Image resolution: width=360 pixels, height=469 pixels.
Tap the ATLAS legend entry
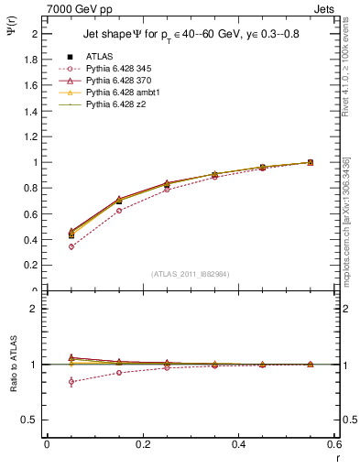[x=101, y=56]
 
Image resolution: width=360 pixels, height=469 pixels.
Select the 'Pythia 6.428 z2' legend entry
[x=116, y=106]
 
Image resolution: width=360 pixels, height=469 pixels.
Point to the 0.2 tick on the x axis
[x=142, y=444]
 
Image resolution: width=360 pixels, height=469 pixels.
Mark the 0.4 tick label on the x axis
[x=238, y=444]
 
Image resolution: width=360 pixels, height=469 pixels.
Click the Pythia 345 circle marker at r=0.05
[x=71, y=246]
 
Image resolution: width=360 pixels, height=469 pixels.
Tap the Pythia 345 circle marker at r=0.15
[x=119, y=211]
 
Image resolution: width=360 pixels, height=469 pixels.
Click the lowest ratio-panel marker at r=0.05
[x=71, y=381]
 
